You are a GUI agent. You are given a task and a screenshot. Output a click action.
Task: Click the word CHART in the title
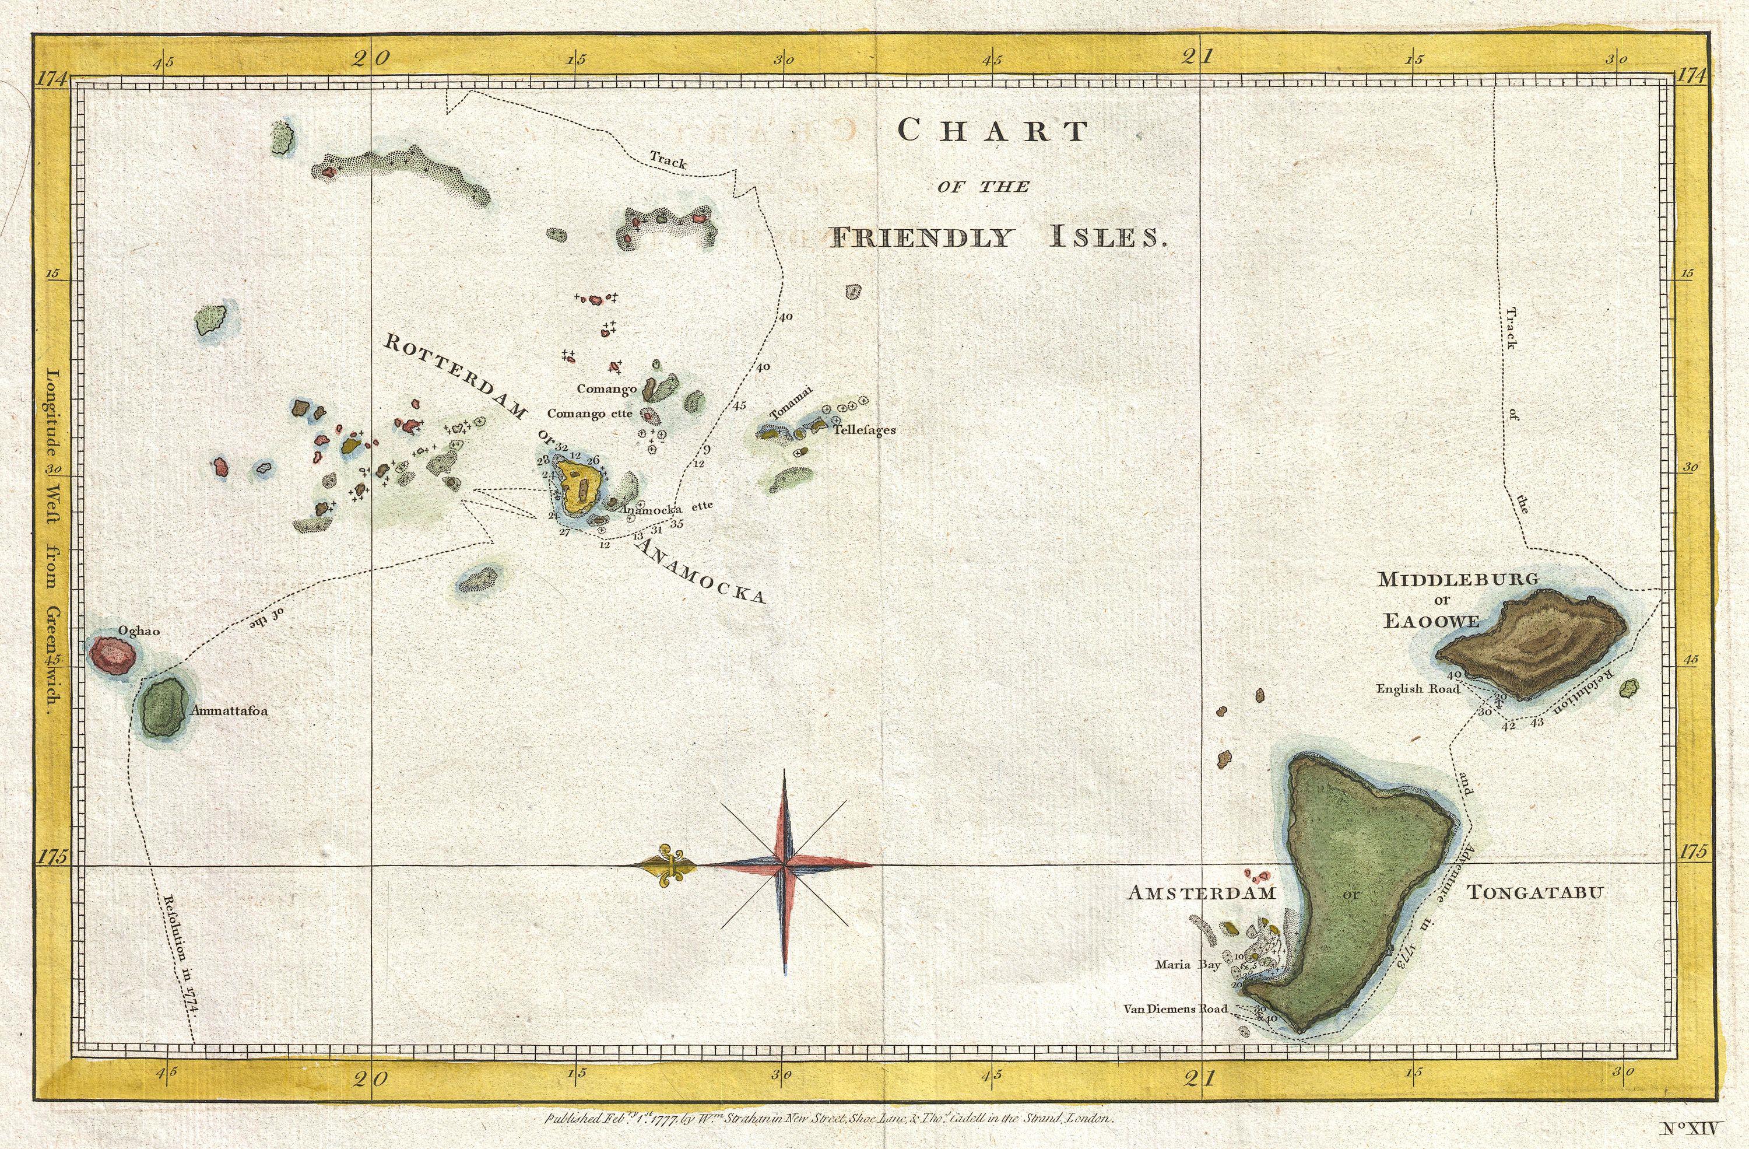click(992, 131)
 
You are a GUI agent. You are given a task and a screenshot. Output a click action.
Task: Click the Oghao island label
click(139, 630)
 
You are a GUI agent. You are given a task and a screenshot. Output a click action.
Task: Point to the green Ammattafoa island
click(163, 706)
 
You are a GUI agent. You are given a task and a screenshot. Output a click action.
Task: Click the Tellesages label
click(863, 430)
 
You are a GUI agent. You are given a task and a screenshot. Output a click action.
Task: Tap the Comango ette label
click(589, 414)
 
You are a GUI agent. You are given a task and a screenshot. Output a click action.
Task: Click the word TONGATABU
click(1535, 893)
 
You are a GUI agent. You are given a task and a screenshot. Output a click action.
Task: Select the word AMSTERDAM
click(1202, 893)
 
